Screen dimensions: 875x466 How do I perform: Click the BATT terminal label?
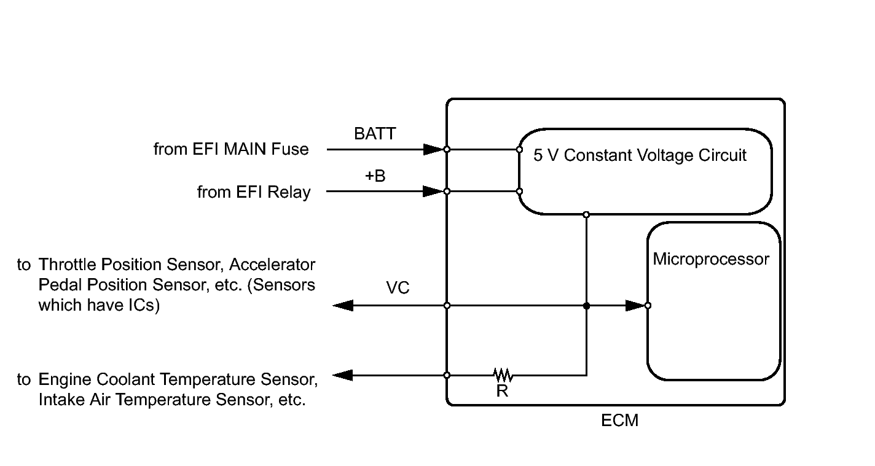pos(375,133)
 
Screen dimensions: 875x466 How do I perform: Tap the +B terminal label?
pos(375,176)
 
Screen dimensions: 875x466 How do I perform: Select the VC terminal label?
pos(398,287)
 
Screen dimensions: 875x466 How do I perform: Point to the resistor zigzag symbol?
pos(503,375)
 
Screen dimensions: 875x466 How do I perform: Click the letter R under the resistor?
pos(502,390)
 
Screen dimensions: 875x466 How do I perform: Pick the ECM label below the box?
pos(619,421)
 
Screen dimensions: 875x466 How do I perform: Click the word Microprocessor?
pos(711,259)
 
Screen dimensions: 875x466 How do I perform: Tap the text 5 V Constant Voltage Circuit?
pos(640,155)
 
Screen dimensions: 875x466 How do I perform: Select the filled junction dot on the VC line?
pos(586,306)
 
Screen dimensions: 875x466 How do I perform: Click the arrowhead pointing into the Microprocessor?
pos(635,306)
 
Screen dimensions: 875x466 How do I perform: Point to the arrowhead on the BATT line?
pos(434,149)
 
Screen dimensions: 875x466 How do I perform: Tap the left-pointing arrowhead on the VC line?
pos(343,306)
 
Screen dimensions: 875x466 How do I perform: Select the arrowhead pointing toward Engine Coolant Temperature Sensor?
pos(343,376)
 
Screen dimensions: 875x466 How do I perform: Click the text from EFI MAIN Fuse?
pos(231,149)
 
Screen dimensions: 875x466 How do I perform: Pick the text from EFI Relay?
pos(254,192)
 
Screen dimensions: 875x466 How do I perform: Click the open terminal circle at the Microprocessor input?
pos(648,306)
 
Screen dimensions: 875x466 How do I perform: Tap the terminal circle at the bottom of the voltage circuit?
pos(586,215)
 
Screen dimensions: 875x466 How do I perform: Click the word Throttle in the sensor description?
pos(68,264)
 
